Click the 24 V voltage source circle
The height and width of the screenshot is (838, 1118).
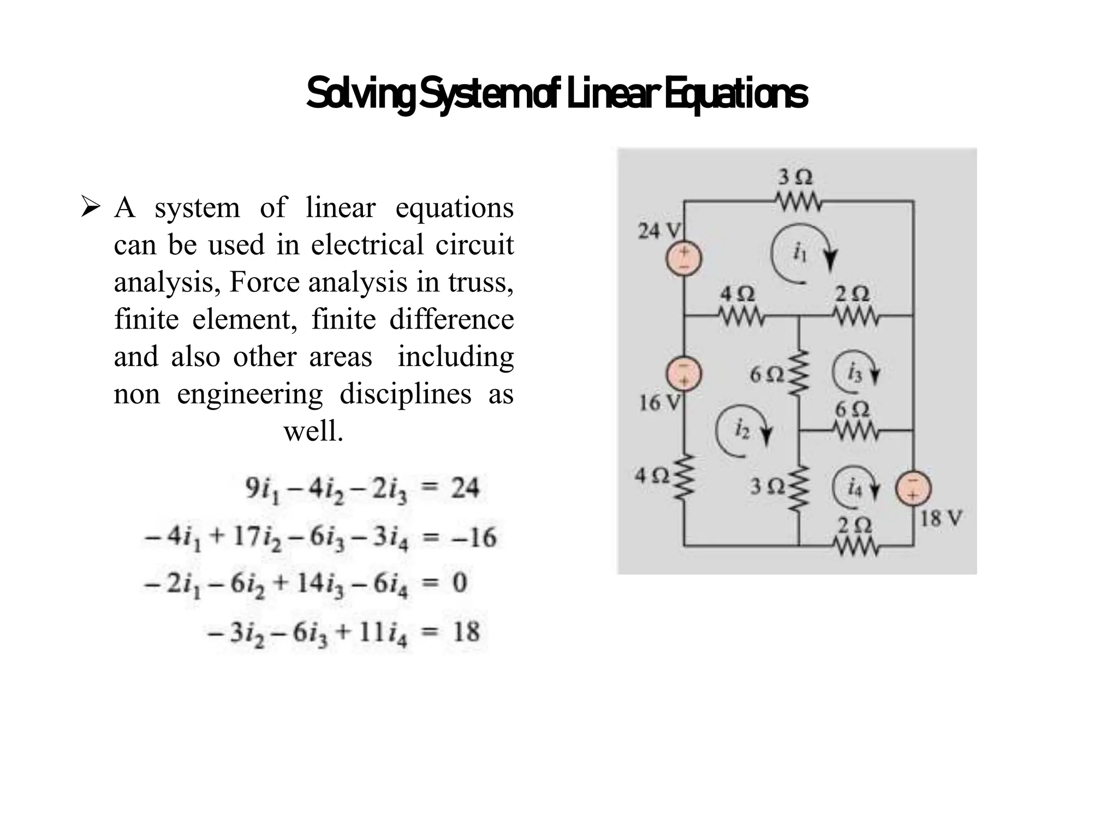683,258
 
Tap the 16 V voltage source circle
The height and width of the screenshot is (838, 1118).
683,374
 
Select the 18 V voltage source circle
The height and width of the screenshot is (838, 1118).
913,488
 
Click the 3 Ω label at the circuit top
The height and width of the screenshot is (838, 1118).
795,177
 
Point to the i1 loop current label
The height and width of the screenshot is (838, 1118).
799,252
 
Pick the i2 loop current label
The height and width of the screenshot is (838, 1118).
741,429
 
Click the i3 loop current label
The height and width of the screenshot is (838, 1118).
854,373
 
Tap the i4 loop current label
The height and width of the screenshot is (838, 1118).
855,488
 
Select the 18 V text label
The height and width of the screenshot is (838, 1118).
941,518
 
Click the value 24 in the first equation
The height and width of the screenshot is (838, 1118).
465,488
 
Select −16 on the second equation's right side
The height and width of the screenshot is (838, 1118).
473,537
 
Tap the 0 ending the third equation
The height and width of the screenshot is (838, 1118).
460,583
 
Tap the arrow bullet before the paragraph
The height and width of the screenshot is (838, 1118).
90,207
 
